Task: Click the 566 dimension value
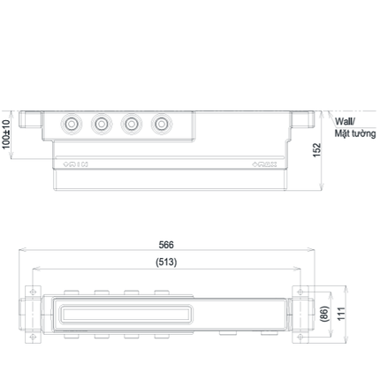(166, 245)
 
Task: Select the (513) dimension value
(166, 262)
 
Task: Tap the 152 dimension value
(316, 150)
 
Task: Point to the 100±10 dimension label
(6, 134)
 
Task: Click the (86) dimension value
(323, 314)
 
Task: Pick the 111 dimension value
(341, 314)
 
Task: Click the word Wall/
(345, 121)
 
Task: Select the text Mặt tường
(355, 133)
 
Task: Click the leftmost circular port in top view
(71, 124)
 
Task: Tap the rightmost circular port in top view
(162, 124)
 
